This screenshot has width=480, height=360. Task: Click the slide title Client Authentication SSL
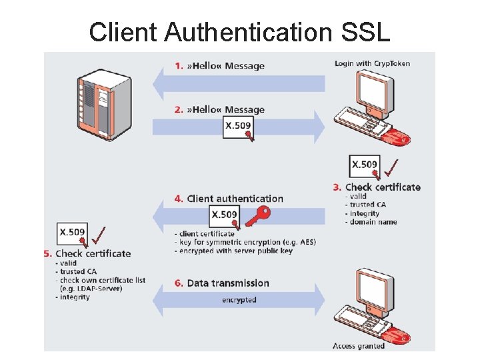[x=239, y=31]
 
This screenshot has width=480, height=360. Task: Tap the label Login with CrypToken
[x=372, y=63]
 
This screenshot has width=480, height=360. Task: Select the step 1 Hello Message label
[x=219, y=66]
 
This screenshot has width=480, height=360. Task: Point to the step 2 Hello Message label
[x=219, y=110]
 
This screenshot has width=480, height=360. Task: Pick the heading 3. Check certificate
[x=377, y=187]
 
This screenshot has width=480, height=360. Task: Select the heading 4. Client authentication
[x=229, y=199]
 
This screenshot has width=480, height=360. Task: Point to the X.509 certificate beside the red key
[x=224, y=214]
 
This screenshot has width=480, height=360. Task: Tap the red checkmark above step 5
[x=100, y=235]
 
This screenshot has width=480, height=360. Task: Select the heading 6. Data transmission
[x=222, y=283]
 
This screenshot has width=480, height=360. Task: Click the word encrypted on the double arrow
[x=239, y=300]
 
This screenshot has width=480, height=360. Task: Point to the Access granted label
[x=359, y=346]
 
